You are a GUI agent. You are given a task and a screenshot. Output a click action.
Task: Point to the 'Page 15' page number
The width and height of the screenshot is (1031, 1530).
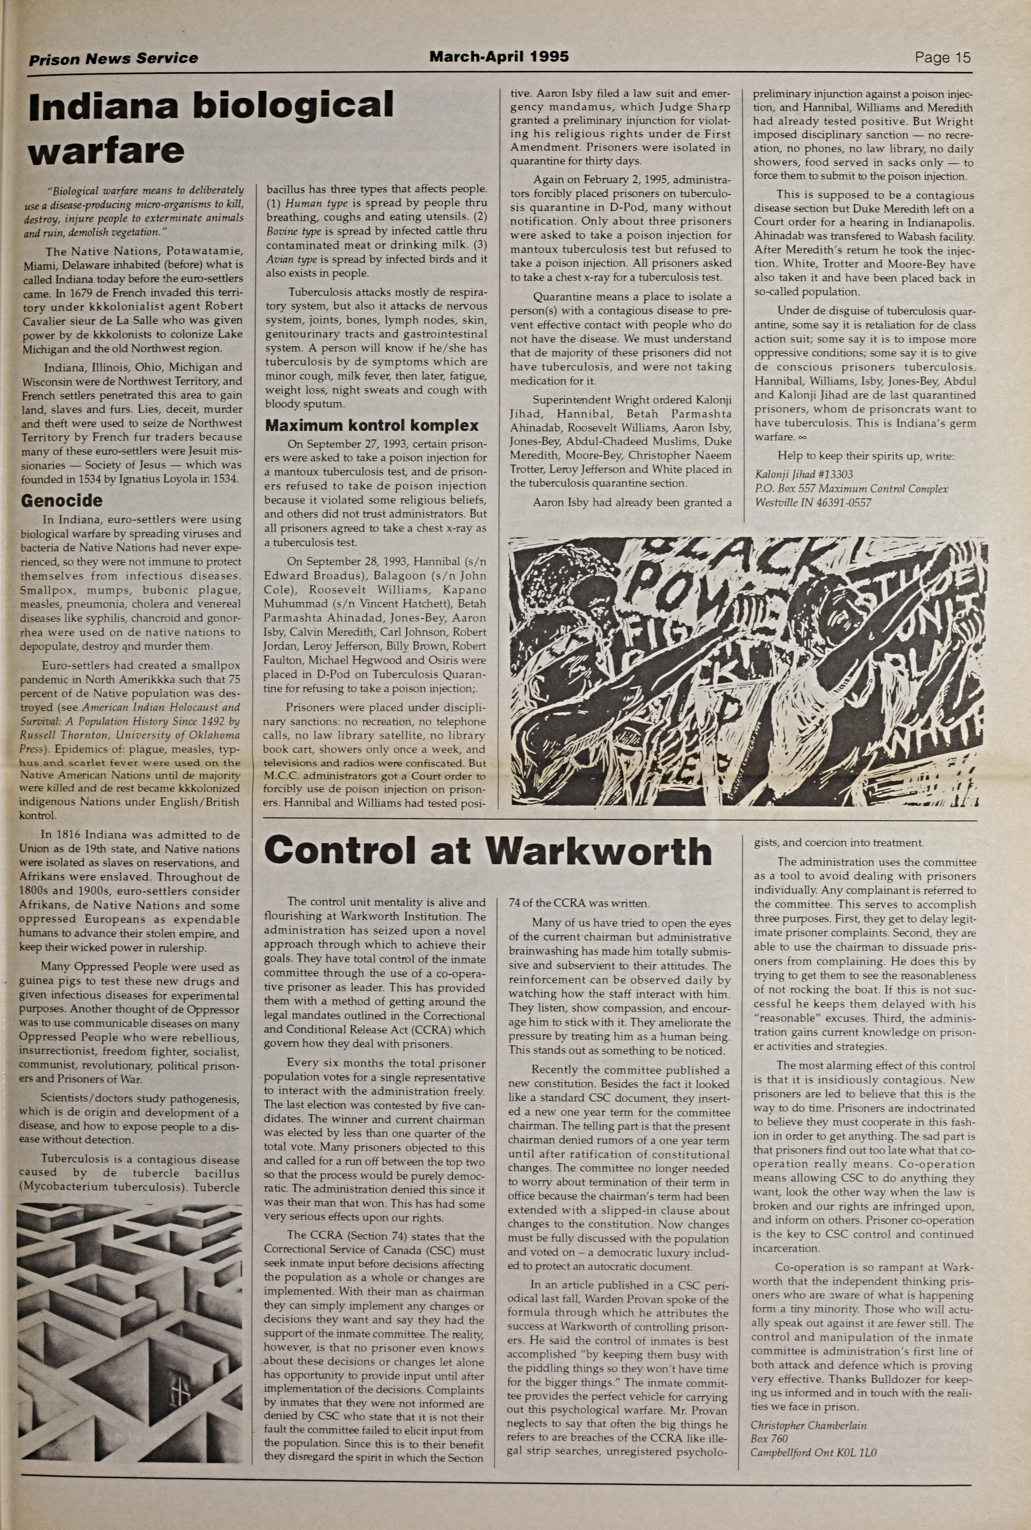(x=942, y=58)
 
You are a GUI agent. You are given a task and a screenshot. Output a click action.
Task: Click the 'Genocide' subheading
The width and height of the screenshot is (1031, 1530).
(x=62, y=501)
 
